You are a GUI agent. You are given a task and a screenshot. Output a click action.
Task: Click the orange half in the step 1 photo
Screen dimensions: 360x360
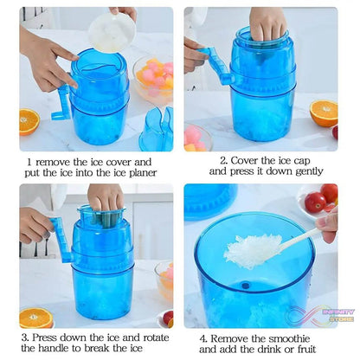coord(29,121)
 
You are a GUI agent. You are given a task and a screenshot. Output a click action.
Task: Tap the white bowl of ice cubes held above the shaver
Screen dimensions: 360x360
coord(112,31)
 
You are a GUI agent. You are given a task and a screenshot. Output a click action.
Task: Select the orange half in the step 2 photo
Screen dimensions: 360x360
coord(324,112)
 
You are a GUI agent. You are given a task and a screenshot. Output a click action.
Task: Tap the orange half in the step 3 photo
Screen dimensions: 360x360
coord(35,318)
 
